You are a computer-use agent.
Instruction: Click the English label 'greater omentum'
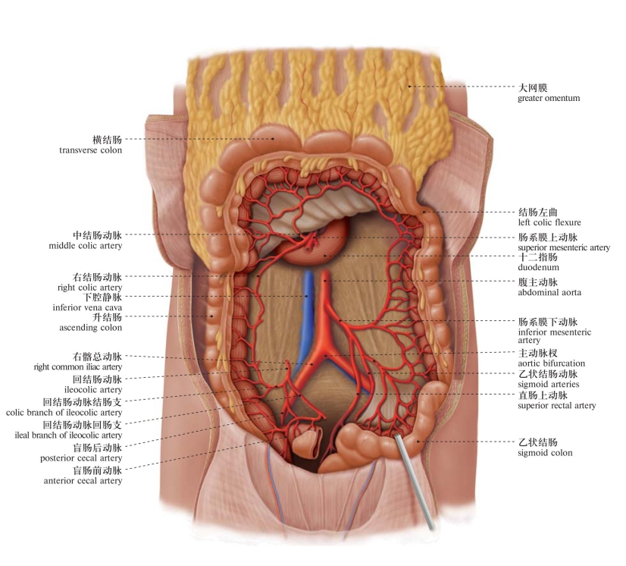(548, 98)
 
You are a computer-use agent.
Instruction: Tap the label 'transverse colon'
(90, 150)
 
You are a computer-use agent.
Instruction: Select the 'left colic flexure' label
(549, 222)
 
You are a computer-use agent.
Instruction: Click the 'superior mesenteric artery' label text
(563, 248)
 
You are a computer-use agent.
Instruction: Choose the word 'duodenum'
(538, 268)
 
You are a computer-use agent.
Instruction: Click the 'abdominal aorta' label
(549, 292)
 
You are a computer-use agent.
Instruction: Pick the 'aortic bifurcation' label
(551, 363)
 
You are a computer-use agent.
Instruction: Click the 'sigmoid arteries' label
(548, 385)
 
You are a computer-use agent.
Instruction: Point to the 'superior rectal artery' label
(556, 406)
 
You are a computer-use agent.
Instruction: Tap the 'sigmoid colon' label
(545, 453)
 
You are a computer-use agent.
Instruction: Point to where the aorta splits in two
(326, 354)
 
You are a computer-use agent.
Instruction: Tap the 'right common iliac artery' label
(78, 367)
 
